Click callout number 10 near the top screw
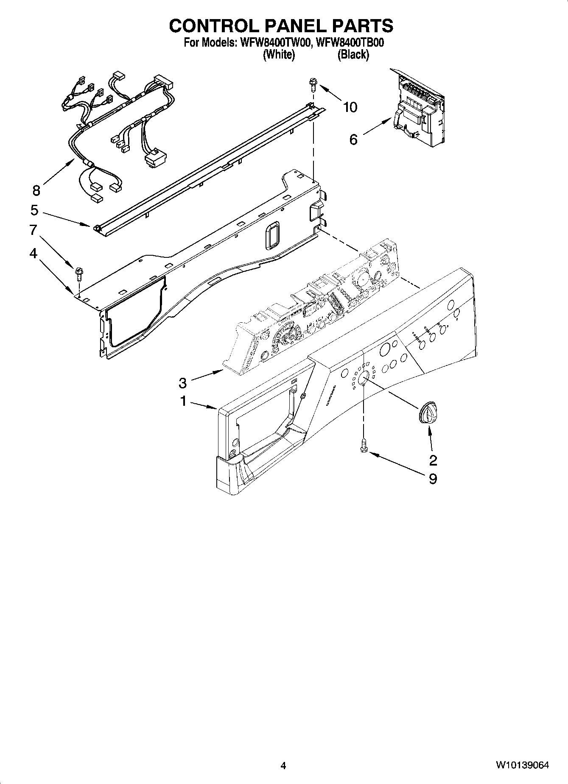pos(350,107)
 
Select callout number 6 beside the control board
pos(354,139)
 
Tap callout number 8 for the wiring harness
pos(36,190)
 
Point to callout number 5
pos(34,210)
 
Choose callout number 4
pos(33,254)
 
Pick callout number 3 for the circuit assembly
pos(182,383)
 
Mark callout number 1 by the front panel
pos(183,401)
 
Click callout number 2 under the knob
pos(433,460)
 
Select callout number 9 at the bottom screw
pos(433,479)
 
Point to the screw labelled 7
pos(79,273)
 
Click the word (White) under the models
pos(279,55)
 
